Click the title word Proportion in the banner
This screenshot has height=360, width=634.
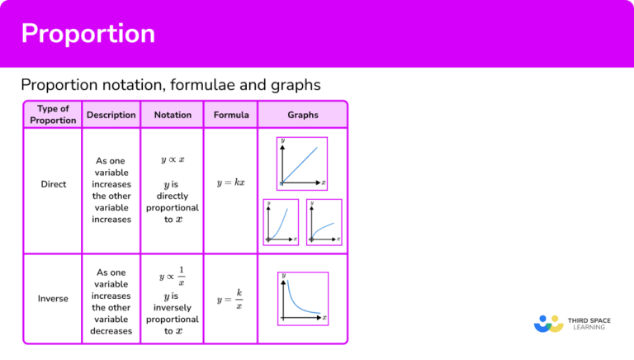(88, 34)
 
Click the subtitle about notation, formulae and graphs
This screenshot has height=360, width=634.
(171, 85)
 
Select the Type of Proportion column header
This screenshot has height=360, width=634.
(52, 115)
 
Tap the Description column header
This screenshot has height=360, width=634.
(111, 115)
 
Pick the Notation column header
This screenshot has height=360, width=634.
(172, 115)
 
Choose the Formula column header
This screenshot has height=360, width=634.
(231, 115)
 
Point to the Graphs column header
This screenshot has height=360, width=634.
(302, 115)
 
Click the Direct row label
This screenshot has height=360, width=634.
(53, 184)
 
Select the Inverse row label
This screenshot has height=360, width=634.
(53, 298)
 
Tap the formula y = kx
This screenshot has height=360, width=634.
(231, 182)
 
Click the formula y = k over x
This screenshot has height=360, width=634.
(230, 298)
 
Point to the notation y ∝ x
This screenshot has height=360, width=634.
(173, 159)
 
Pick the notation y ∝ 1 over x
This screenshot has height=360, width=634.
(173, 276)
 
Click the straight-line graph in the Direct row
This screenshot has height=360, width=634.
(302, 162)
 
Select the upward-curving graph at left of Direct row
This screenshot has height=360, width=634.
(281, 222)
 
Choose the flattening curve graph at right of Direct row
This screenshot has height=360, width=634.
(324, 222)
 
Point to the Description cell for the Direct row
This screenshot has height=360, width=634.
(111, 191)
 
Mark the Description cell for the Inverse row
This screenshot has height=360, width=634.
(111, 301)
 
